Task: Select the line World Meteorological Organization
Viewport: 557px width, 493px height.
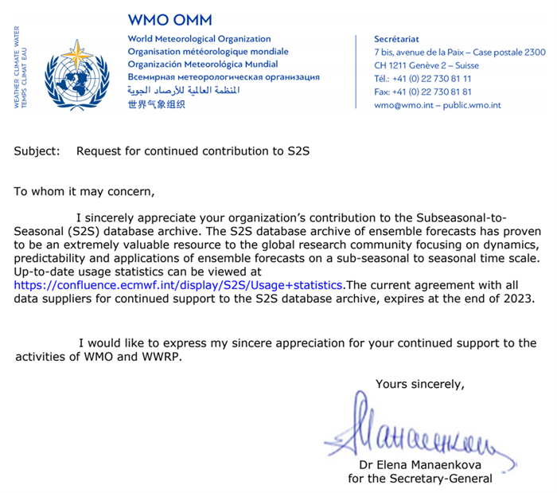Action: click(199, 38)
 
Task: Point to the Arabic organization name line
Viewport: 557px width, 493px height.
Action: click(184, 91)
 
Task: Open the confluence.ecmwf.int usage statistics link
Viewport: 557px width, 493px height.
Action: click(179, 284)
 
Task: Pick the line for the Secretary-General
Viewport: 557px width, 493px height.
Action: click(420, 479)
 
